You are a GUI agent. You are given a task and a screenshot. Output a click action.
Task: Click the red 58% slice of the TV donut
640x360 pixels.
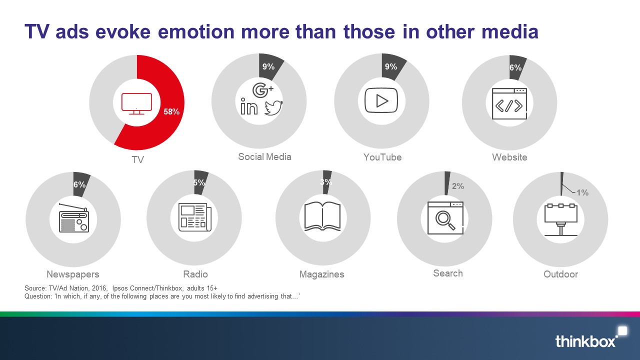[171, 111]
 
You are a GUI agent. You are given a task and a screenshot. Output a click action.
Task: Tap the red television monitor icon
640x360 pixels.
[136, 103]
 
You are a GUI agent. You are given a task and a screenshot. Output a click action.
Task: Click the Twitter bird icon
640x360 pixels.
[273, 107]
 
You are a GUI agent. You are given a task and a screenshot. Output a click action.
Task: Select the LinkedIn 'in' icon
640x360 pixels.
[249, 106]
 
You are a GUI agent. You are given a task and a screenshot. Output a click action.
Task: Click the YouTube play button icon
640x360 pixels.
[381, 100]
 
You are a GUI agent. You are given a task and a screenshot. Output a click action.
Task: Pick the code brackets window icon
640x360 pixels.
[509, 103]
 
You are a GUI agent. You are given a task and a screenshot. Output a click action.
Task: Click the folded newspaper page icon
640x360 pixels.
[195, 217]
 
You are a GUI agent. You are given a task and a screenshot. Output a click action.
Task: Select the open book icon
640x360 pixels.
[322, 216]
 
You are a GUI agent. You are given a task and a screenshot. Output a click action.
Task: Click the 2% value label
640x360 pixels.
[457, 186]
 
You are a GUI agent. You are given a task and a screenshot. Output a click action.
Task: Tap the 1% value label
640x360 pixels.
[582, 192]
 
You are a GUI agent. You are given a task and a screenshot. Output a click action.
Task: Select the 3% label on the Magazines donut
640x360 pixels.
[325, 182]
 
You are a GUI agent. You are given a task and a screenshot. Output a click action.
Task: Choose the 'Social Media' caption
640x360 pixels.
[264, 156]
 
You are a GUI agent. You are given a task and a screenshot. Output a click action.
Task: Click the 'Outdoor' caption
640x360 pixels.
[560, 274]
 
